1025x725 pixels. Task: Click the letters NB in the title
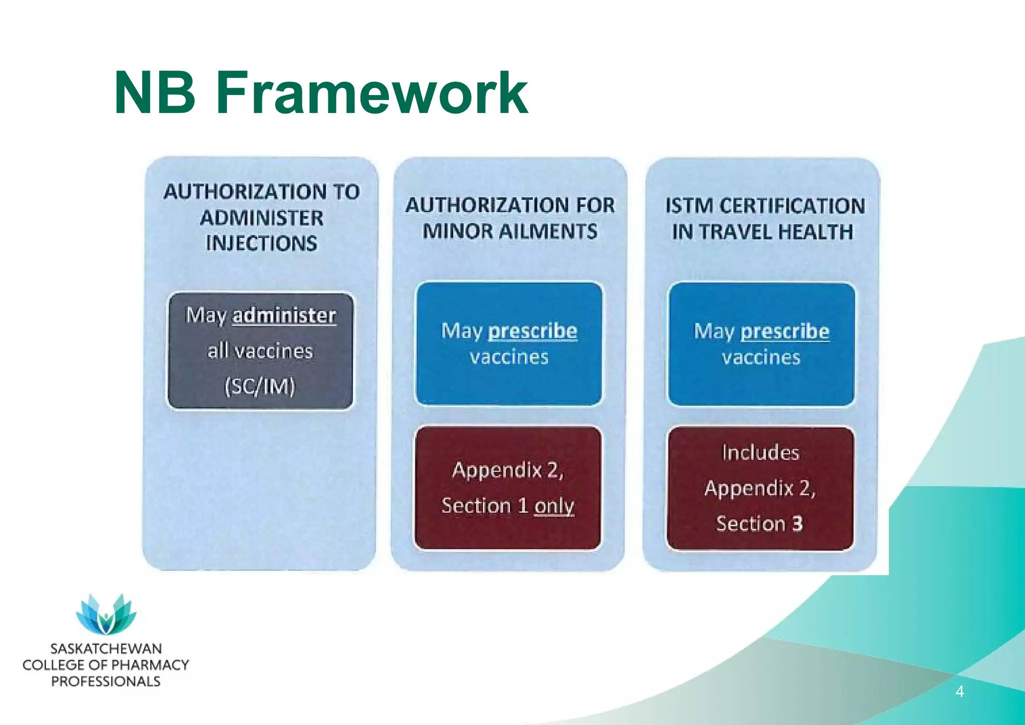click(155, 94)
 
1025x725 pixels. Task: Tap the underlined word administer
click(284, 316)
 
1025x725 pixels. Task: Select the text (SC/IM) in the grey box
click(260, 386)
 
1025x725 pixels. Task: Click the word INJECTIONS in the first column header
click(261, 244)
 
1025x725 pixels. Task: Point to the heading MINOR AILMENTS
click(509, 232)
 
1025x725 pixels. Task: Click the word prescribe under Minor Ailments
click(533, 331)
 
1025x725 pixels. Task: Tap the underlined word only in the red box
click(554, 506)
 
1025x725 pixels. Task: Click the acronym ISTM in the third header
click(689, 206)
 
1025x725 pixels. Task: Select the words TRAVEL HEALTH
click(776, 232)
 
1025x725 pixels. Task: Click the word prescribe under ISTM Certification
click(785, 332)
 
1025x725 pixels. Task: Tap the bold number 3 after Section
click(797, 524)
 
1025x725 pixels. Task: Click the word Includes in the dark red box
click(760, 453)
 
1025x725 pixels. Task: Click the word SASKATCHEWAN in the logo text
click(106, 649)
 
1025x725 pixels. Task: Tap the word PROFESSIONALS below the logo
click(106, 681)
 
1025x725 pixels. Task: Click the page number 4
click(959, 692)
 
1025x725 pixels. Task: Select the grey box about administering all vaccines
click(260, 352)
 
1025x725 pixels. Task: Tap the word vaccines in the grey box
click(274, 351)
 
